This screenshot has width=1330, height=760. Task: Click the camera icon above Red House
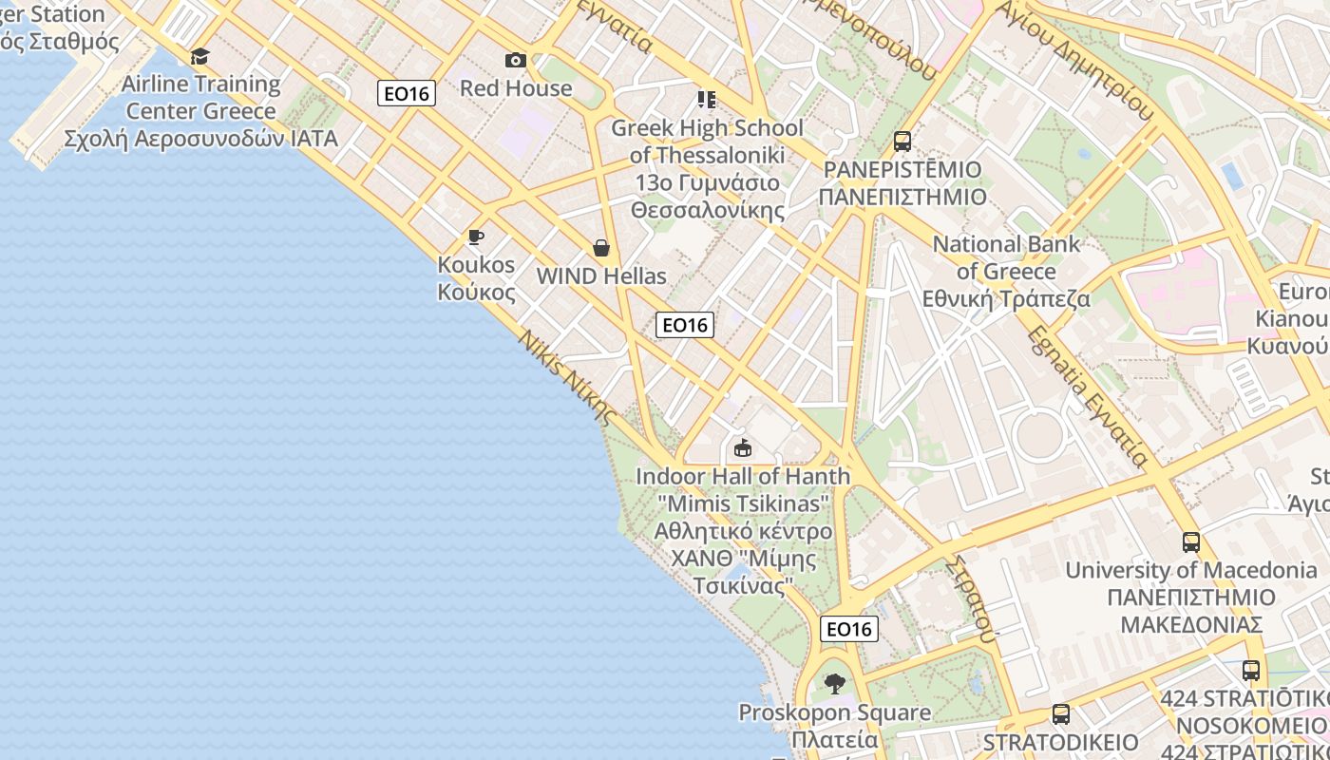(x=516, y=61)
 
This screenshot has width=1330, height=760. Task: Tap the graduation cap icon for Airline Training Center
(x=199, y=56)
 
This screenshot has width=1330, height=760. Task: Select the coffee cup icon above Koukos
(x=476, y=237)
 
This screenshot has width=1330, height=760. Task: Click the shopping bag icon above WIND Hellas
(x=601, y=248)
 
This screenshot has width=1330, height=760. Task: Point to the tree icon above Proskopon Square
(x=834, y=683)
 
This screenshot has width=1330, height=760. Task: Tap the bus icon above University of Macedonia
(x=1191, y=542)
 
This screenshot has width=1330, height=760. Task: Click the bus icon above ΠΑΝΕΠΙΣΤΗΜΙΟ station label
(x=902, y=142)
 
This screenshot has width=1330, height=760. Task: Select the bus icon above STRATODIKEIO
(x=1061, y=714)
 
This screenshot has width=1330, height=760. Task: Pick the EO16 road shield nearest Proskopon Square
(x=849, y=629)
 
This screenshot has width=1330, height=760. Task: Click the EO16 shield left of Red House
(x=407, y=93)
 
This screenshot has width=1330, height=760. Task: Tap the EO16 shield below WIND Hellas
(x=685, y=325)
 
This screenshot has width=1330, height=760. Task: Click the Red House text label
(x=516, y=88)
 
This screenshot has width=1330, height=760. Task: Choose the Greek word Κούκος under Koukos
(x=477, y=292)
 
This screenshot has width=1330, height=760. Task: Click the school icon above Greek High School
(x=706, y=100)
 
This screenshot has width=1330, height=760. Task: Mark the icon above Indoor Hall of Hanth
(x=743, y=447)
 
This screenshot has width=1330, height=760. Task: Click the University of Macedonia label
(x=1191, y=570)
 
